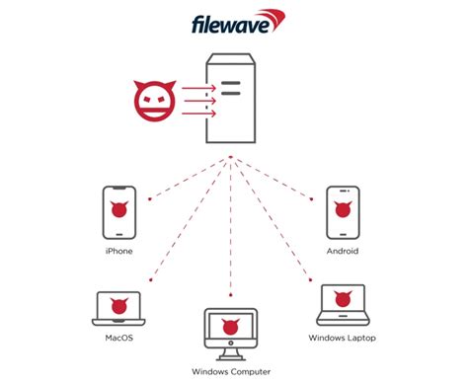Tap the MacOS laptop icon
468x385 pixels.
(117, 307)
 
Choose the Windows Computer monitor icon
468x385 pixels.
(229, 330)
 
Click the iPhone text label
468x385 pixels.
(117, 251)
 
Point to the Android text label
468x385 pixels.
(342, 251)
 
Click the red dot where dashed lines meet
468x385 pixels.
(230, 157)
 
